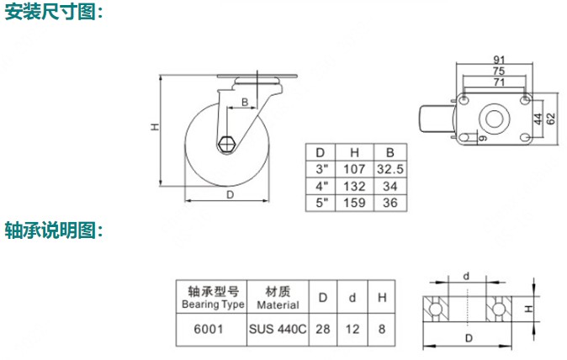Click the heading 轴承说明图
point(54,230)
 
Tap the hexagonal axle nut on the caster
point(227,144)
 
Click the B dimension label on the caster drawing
point(245,103)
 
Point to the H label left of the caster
point(155,127)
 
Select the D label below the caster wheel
point(230,195)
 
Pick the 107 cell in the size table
point(354,169)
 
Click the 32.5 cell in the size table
point(389,169)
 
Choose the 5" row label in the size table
point(321,203)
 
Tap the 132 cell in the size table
point(354,186)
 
